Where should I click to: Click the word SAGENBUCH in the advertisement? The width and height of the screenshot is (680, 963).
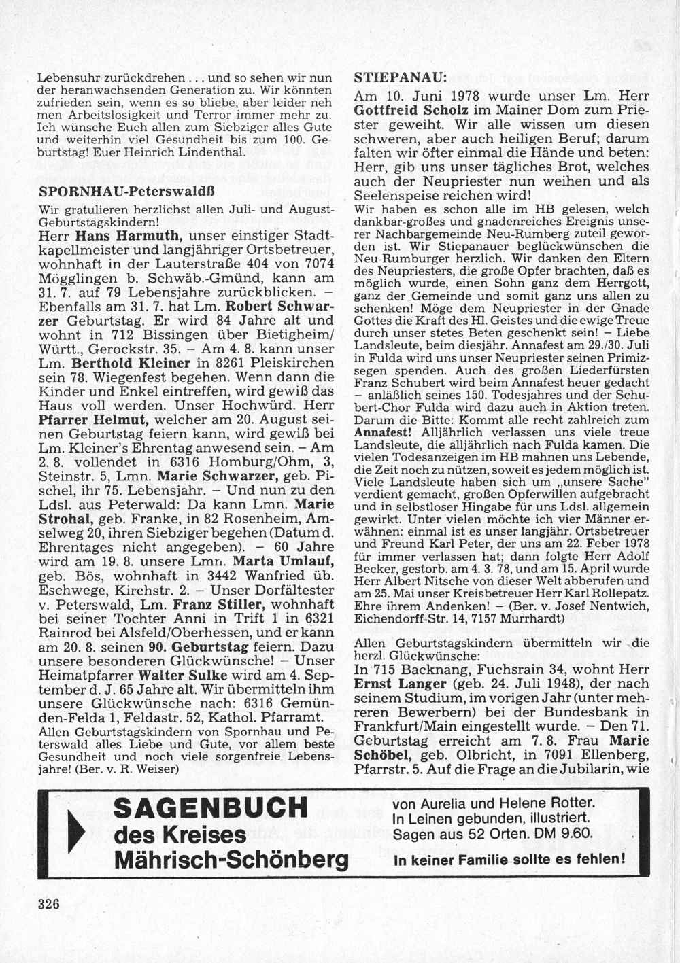(210, 809)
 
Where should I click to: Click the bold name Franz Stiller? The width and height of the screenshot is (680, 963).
(217, 604)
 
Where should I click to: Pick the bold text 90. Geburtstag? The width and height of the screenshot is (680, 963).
(207, 646)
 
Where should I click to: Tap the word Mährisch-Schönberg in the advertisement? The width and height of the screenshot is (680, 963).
(231, 860)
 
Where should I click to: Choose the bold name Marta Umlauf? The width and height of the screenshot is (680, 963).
(283, 561)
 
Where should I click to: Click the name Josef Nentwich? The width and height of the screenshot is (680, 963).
(590, 606)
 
